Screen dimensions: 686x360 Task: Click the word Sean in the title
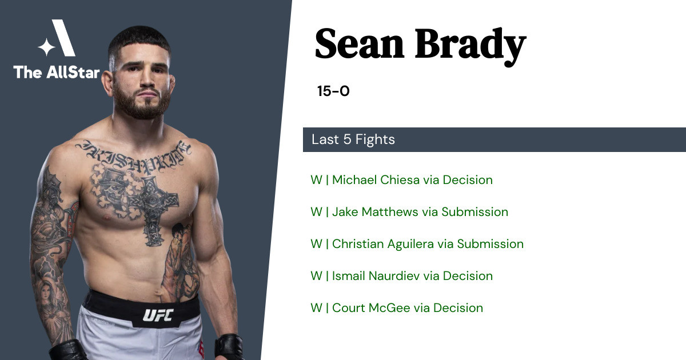(x=360, y=44)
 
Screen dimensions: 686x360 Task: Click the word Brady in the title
(x=470, y=46)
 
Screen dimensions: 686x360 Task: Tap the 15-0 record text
(x=333, y=91)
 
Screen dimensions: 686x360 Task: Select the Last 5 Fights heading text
(x=353, y=139)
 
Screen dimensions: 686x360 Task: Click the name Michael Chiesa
(x=376, y=179)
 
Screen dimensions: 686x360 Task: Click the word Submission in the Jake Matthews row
(x=474, y=212)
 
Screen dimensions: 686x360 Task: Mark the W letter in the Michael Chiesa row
(x=316, y=179)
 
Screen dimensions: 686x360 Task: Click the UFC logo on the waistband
(x=158, y=315)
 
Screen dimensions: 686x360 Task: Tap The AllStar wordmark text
(x=57, y=73)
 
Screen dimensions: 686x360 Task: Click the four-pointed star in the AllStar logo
(x=46, y=47)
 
